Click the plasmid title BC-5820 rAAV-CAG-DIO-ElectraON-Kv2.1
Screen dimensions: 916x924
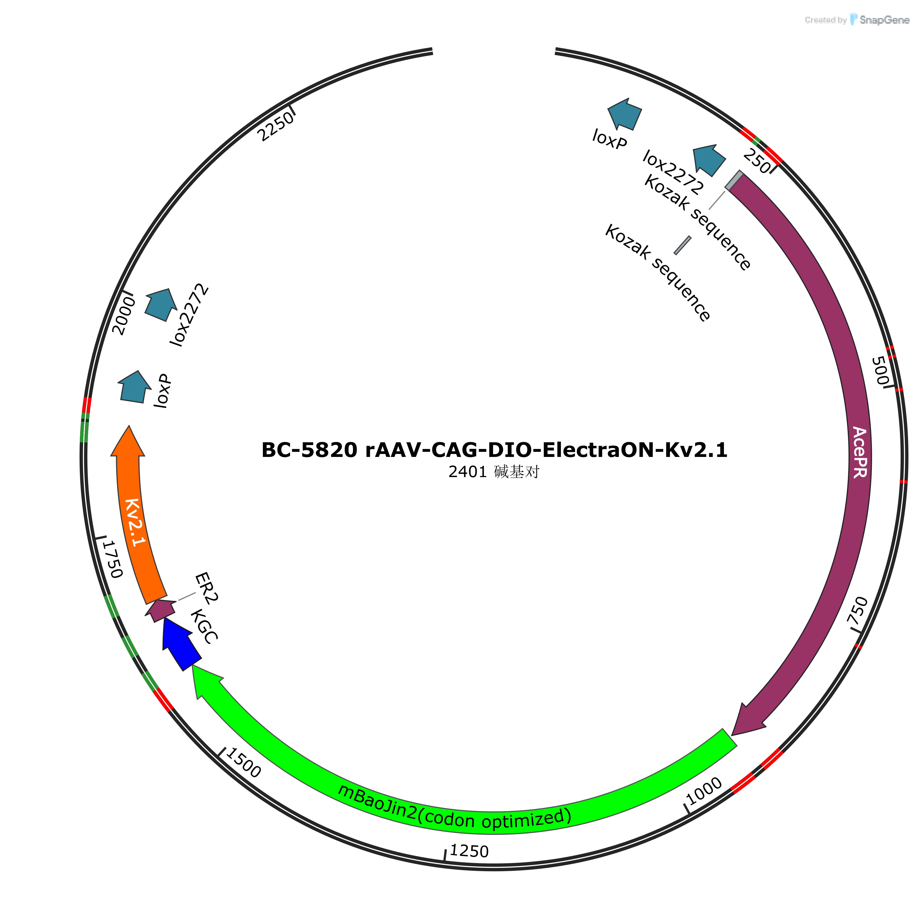(x=494, y=450)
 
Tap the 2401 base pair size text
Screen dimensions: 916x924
(x=494, y=472)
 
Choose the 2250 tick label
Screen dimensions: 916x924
(x=276, y=127)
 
